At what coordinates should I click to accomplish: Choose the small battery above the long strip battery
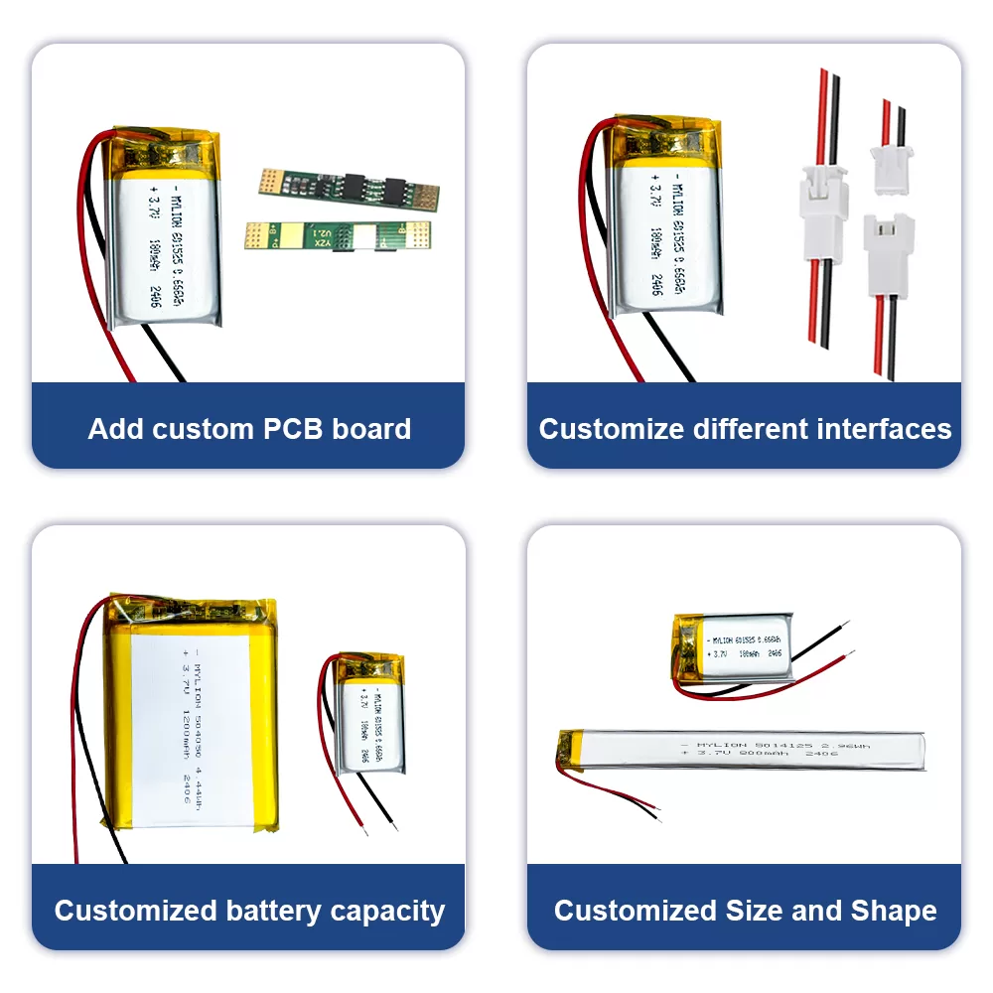tap(733, 647)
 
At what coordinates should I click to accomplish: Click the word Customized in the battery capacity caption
tap(135, 911)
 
